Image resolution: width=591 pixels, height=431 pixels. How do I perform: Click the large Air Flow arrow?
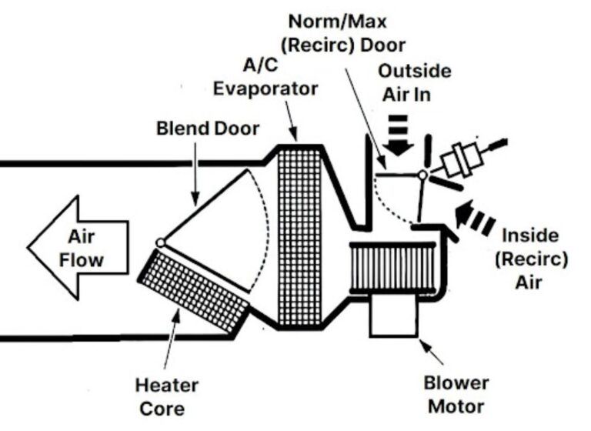pos(77,246)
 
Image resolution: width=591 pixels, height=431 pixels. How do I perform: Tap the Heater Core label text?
pos(166,395)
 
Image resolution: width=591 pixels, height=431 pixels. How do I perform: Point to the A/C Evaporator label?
pos(265,77)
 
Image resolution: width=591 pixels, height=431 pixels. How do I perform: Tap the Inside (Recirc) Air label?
pos(531,257)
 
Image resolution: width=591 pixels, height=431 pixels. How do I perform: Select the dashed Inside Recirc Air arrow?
pos(473,217)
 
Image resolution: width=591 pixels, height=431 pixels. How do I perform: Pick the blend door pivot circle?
pos(160,243)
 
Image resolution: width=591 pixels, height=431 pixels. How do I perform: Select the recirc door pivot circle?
pos(422,175)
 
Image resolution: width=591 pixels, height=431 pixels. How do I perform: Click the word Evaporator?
pos(265,88)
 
